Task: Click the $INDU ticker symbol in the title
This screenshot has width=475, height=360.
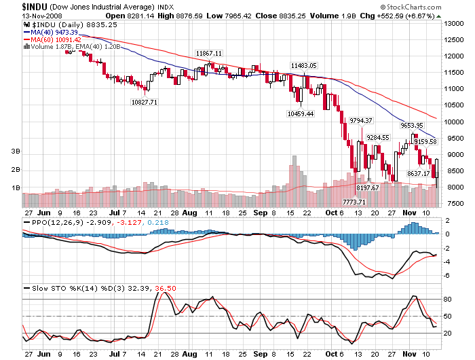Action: tap(18, 5)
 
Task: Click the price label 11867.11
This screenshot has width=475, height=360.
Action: tap(209, 53)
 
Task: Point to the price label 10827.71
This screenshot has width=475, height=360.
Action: tap(144, 102)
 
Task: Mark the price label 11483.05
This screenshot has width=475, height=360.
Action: tap(303, 65)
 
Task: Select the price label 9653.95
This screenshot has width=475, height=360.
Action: tap(411, 125)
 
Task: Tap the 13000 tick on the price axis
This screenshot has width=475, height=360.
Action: tap(453, 23)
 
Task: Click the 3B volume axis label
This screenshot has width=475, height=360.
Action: tap(14, 151)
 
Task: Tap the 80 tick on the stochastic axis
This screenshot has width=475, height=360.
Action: tap(449, 299)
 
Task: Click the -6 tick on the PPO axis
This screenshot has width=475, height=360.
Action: tap(449, 275)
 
